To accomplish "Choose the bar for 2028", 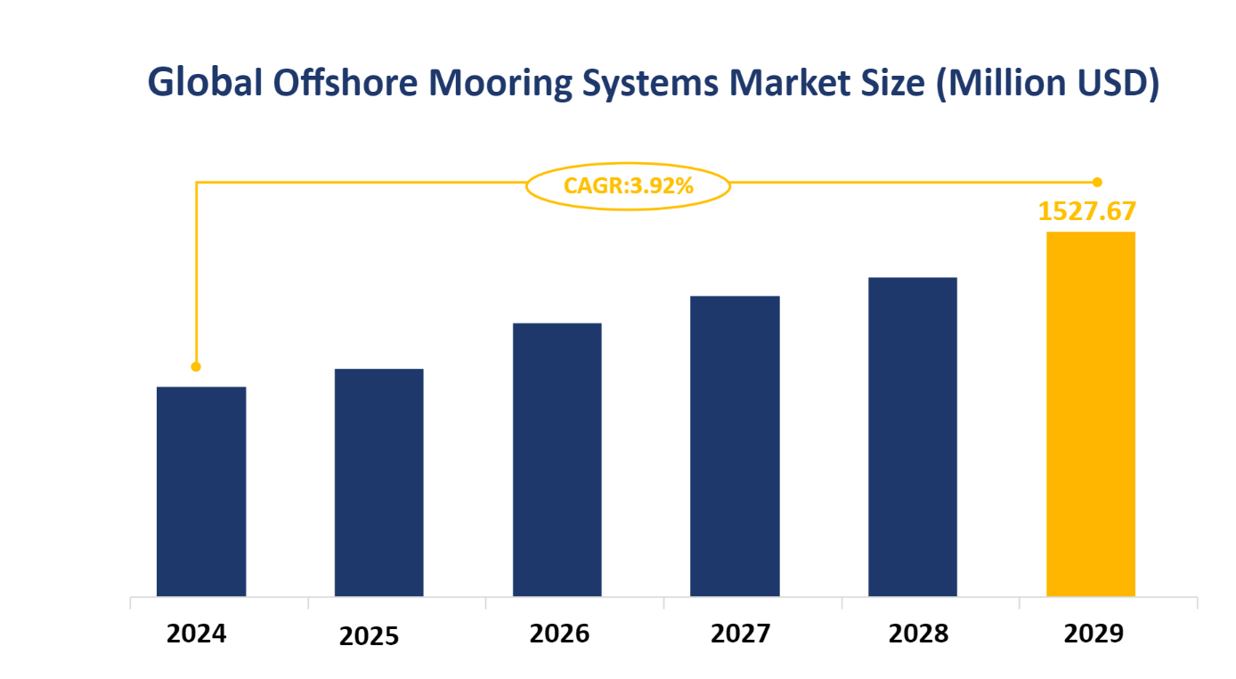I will click(x=913, y=437).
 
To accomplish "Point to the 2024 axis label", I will click(x=197, y=634).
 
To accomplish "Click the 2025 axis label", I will click(x=370, y=636).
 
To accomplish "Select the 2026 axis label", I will click(x=559, y=634).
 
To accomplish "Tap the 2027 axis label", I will click(x=741, y=634).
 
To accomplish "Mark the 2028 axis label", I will click(x=918, y=634).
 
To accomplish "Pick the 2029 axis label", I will click(x=1094, y=634).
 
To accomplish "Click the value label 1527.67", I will click(x=1087, y=211).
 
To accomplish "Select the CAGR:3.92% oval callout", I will click(x=628, y=186).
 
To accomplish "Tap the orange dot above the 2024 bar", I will click(x=196, y=366).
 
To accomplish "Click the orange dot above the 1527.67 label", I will click(x=1097, y=182).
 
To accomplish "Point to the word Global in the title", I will click(x=205, y=83).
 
